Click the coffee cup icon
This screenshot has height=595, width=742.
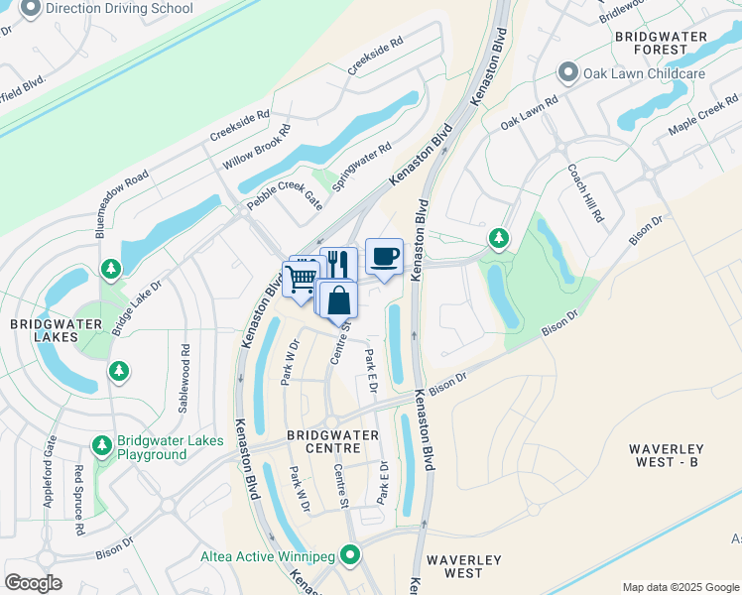[384, 258]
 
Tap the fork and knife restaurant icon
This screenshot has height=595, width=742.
[339, 265]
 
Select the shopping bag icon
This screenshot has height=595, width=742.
[338, 299]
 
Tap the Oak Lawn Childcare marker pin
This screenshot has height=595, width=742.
[568, 72]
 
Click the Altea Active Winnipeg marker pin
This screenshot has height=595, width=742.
[349, 556]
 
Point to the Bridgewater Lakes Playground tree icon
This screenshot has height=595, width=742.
[102, 447]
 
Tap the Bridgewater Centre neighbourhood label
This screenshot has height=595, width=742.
[332, 441]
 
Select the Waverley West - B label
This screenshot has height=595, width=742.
[679, 455]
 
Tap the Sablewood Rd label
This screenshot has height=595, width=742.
[185, 365]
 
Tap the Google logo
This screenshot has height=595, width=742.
[33, 583]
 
